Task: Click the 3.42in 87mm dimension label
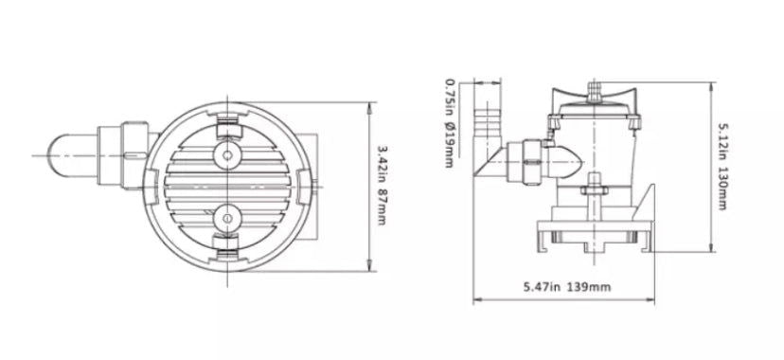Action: tap(382, 185)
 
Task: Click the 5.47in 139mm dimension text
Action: tap(567, 287)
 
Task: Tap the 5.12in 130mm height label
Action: tap(722, 167)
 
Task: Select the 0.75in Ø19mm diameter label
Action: tap(450, 123)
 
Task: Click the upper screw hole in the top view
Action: tap(227, 155)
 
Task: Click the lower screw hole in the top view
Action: tap(227, 219)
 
